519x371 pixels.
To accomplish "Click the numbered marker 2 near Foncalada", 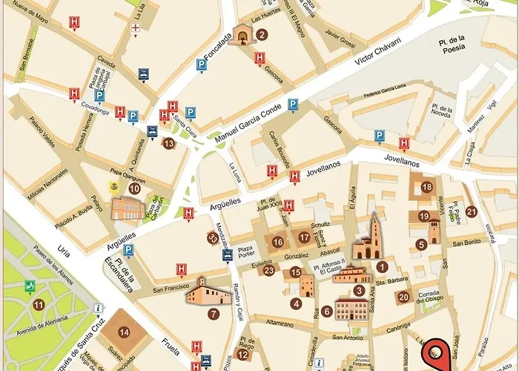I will [x=262, y=34].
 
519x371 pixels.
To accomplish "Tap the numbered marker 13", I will [x=168, y=143].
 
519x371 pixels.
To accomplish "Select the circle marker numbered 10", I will [x=134, y=188].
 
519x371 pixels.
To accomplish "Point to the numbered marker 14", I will [x=124, y=332].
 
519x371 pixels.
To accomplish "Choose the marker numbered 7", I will [x=214, y=314].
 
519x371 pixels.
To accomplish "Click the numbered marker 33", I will [x=213, y=238].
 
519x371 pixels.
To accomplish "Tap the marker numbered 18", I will [x=426, y=187].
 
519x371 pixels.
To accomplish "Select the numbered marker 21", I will [x=472, y=211].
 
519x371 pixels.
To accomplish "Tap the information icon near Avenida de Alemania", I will [x=97, y=309].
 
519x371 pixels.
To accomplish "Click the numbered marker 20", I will [x=403, y=298].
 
